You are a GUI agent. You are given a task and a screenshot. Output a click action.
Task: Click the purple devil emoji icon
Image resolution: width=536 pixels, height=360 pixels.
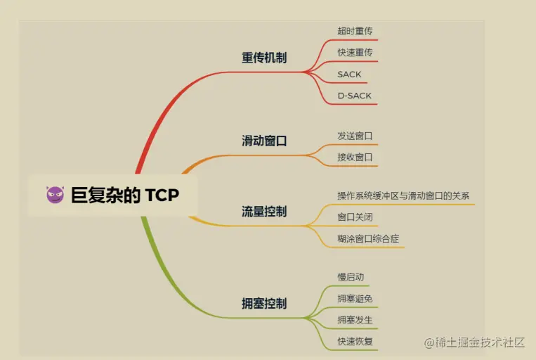(x=55, y=195)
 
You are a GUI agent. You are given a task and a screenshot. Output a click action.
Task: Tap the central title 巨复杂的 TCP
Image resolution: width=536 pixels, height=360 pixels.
(x=125, y=195)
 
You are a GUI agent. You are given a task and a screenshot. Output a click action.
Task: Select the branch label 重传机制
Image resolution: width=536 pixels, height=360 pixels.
(x=264, y=58)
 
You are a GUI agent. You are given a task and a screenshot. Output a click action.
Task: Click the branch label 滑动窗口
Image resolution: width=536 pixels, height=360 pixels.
(x=264, y=141)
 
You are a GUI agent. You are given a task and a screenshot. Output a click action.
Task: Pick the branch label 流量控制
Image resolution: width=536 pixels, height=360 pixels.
(x=264, y=212)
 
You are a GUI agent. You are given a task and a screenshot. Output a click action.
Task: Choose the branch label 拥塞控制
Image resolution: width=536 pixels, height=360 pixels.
(x=264, y=304)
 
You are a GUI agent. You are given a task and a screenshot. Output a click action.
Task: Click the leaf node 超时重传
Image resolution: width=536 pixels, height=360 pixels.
(x=355, y=31)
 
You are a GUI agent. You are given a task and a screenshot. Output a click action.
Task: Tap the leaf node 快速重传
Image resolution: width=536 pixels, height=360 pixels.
(x=355, y=52)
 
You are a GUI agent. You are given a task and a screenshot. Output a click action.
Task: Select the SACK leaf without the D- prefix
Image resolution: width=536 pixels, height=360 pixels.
(x=349, y=74)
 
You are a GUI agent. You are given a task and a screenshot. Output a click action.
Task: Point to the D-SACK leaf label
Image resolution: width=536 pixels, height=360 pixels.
(x=354, y=95)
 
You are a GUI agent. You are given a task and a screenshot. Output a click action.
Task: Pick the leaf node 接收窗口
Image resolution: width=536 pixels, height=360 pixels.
(x=355, y=157)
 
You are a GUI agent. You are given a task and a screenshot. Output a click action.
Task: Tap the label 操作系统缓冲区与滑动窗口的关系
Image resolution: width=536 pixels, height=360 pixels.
(x=403, y=195)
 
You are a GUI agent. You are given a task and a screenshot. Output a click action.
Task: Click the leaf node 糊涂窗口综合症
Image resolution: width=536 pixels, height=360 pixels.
(x=368, y=238)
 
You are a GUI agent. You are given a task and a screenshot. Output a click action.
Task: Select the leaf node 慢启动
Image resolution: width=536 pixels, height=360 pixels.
(x=351, y=277)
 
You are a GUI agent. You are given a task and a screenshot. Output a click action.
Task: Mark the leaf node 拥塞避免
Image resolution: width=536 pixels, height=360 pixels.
(x=355, y=299)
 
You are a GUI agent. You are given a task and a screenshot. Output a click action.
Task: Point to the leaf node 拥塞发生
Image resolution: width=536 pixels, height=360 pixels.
(x=355, y=320)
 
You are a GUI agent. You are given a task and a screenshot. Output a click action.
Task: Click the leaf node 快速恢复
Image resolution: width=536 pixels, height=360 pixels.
(x=355, y=342)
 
